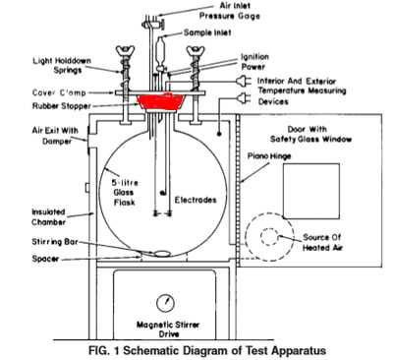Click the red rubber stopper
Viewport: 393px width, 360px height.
[164, 102]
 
